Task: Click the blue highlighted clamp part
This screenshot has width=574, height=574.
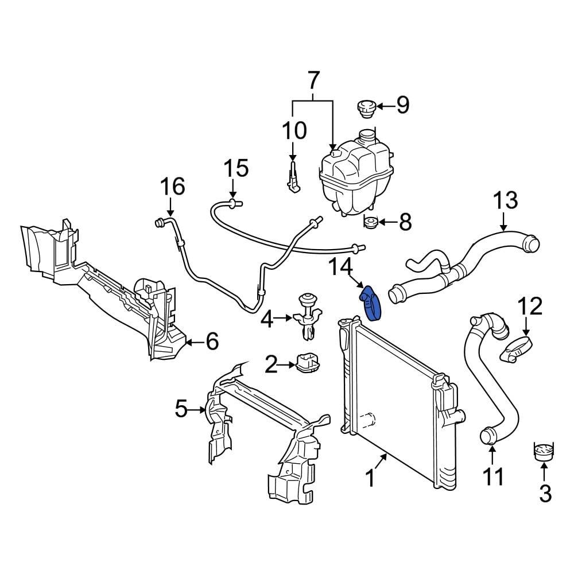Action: point(370,303)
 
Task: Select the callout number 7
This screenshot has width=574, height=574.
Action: point(313,81)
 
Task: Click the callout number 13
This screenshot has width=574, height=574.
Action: point(505,201)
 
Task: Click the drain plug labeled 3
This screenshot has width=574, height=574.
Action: point(543,452)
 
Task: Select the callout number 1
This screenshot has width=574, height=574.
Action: point(370,478)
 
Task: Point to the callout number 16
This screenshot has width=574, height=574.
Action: point(172,187)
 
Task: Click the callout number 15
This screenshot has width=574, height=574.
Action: point(235,169)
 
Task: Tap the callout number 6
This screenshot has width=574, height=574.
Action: point(212,343)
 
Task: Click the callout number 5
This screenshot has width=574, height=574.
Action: point(181,409)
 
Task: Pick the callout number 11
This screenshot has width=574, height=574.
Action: point(493,476)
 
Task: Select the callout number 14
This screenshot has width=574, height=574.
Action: point(339,267)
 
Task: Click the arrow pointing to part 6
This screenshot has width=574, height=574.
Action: point(193,343)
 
